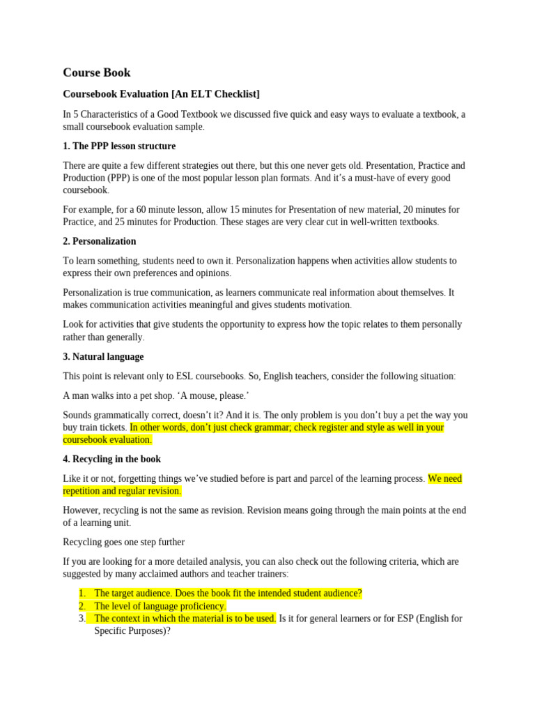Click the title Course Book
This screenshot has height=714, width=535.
pos(96,73)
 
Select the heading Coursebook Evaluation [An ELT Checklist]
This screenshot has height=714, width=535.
pos(161,94)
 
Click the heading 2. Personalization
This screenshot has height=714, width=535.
pos(100,241)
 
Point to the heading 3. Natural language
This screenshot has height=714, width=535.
pos(103,357)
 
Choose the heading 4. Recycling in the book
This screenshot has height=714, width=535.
pos(111,459)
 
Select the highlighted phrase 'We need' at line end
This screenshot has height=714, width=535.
pos(444,479)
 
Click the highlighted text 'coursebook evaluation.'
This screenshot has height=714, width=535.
pos(107,440)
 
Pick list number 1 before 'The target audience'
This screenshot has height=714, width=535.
pos(82,593)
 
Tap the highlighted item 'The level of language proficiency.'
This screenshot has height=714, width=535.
pos(160,606)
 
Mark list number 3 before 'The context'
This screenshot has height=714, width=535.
pos(82,618)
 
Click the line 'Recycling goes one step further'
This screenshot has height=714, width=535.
pos(123,542)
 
